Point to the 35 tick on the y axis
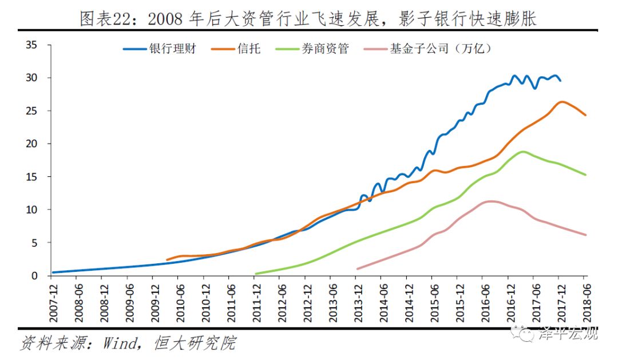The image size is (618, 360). pos(32,45)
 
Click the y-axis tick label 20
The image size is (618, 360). pos(32,144)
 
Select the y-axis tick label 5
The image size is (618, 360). pos(35,243)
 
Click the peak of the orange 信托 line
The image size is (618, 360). pos(561,102)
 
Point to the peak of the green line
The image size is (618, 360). pos(522,152)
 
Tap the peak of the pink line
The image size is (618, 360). pos(491,201)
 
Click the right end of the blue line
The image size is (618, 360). pos(560,81)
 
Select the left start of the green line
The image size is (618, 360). pos(255,274)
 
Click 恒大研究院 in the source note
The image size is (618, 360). pos(195,343)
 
